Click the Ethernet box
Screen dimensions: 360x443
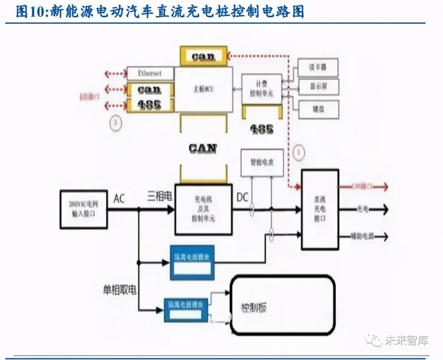click(x=149, y=73)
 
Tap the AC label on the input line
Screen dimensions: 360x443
click(x=119, y=199)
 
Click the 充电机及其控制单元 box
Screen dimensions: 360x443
click(x=203, y=208)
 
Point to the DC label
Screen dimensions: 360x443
click(x=242, y=197)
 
